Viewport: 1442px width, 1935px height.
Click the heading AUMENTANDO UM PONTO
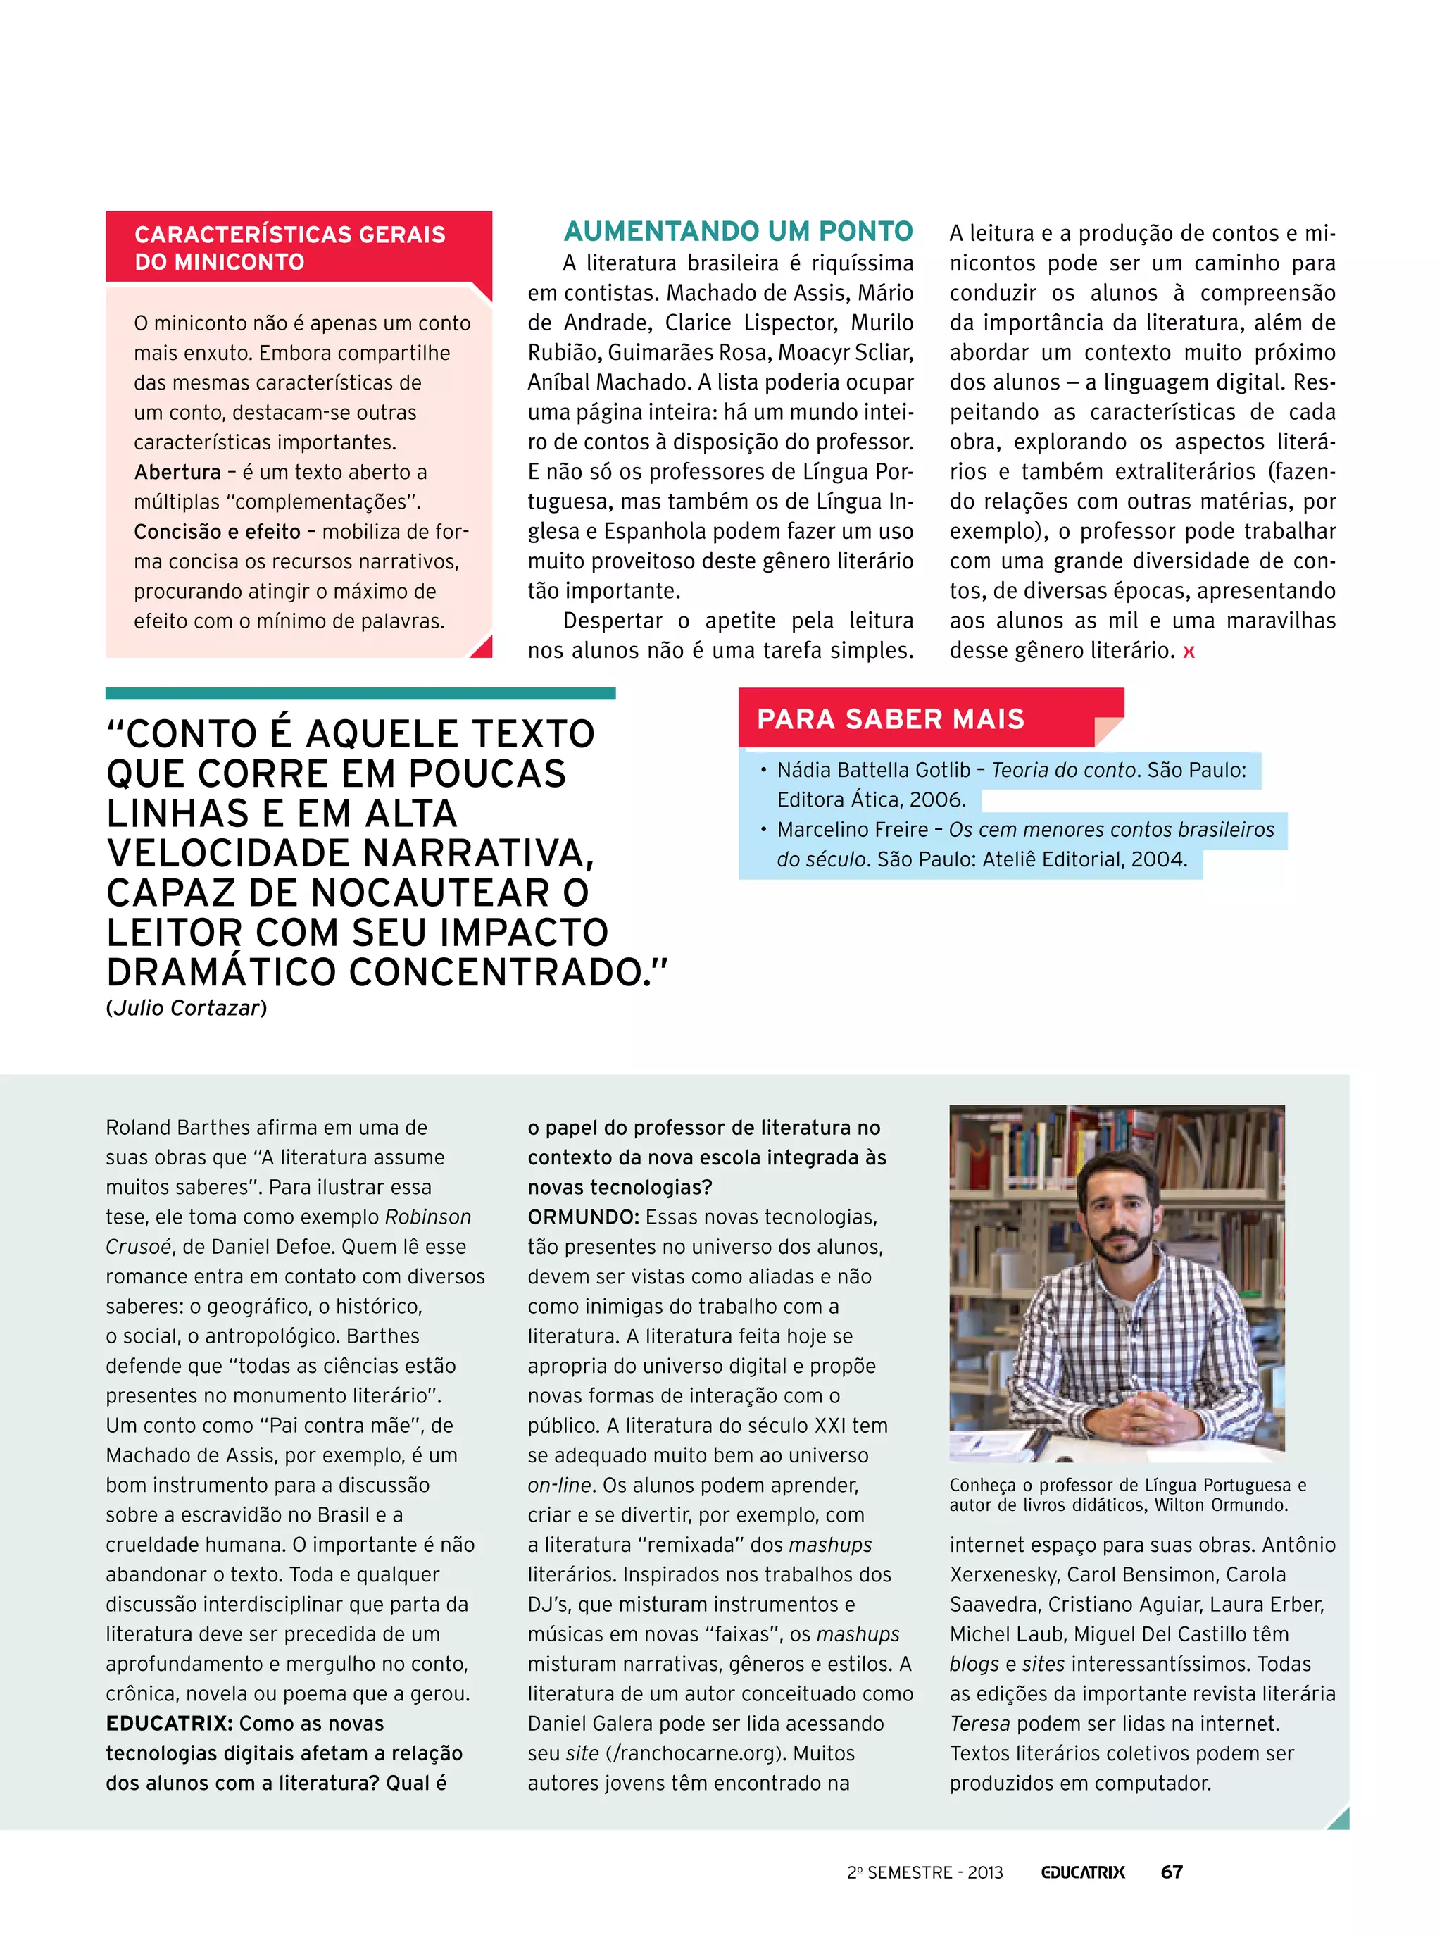[x=738, y=231]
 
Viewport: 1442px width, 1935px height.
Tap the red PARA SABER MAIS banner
[x=891, y=718]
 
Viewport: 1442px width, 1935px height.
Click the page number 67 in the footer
[x=1172, y=1872]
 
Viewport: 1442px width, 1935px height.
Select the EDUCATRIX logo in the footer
[x=1082, y=1872]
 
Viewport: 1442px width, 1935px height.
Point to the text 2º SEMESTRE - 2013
[x=924, y=1872]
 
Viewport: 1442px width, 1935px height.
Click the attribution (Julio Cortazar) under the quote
[x=186, y=1008]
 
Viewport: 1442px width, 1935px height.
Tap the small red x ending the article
[x=1188, y=652]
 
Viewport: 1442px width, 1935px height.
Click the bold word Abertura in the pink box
[x=177, y=473]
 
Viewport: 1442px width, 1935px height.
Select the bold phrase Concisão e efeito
[x=216, y=532]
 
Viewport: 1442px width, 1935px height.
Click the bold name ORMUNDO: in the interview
[x=583, y=1217]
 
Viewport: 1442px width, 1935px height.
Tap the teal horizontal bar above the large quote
[x=360, y=693]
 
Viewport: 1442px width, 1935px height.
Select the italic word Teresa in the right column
[x=979, y=1723]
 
